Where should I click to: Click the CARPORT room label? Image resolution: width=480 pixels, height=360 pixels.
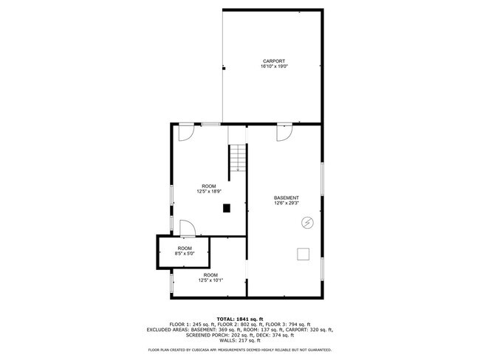(x=273, y=60)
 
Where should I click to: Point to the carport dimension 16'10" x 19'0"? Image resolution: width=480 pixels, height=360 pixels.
(x=273, y=66)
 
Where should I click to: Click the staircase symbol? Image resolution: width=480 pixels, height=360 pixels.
(x=237, y=159)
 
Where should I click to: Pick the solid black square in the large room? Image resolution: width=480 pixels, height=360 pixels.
(x=226, y=208)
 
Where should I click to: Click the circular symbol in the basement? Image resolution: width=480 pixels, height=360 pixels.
(x=306, y=222)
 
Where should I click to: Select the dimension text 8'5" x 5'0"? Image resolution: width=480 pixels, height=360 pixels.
(x=184, y=253)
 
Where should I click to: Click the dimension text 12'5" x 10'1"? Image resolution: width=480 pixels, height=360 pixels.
(x=209, y=280)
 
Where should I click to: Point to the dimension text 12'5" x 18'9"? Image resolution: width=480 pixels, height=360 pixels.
(x=209, y=191)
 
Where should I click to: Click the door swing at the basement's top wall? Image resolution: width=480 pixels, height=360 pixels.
(x=285, y=132)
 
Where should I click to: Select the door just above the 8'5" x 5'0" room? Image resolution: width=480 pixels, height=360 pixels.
(x=188, y=228)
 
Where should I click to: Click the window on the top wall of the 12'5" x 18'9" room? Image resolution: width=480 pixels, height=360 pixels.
(x=211, y=124)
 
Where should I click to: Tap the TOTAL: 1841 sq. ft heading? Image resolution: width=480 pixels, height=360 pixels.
(x=240, y=318)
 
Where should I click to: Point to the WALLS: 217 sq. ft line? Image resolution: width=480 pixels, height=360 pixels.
(x=240, y=342)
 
